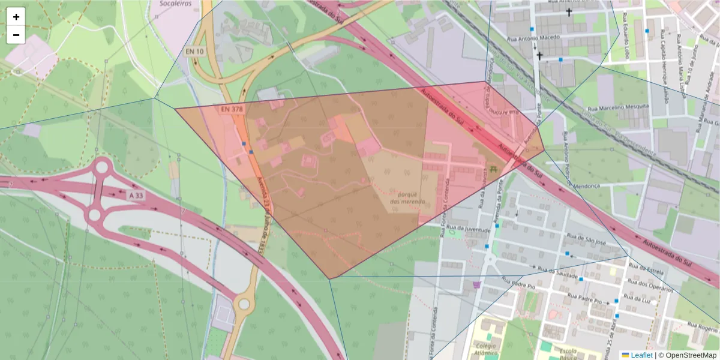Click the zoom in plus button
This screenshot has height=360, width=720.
[x=16, y=17]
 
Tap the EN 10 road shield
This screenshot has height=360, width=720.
[x=195, y=52]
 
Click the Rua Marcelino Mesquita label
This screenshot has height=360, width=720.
[x=617, y=106]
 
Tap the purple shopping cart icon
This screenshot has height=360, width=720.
[x=477, y=284]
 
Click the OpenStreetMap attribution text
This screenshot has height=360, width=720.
[x=688, y=355]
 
